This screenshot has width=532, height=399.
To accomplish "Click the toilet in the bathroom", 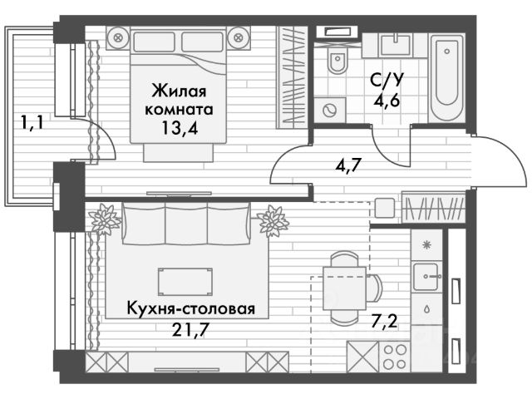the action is click(x=337, y=60).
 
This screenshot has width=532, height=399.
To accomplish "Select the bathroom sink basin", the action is click(x=396, y=45).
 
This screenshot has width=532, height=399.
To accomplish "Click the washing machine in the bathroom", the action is click(x=329, y=110).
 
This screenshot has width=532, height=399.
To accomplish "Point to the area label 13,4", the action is click(x=180, y=128).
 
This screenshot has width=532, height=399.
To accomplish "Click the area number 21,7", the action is click(x=189, y=329).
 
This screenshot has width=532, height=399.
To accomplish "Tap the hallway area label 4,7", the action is click(x=347, y=166).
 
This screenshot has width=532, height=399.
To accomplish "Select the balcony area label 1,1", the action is click(x=32, y=122).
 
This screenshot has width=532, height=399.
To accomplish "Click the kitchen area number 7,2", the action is click(x=384, y=321).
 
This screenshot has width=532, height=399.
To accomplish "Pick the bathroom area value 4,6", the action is click(x=387, y=100).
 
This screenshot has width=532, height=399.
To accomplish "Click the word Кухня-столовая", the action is click(x=191, y=308).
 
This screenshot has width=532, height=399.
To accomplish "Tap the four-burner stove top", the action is click(x=395, y=357).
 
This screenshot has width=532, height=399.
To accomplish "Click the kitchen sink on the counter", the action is click(x=426, y=276).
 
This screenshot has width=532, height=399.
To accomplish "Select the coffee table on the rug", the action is click(x=185, y=282).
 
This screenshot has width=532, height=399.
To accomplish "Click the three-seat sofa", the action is click(x=186, y=224).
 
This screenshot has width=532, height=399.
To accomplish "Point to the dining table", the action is click(x=345, y=288).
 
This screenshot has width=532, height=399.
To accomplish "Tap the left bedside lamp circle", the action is click(x=118, y=37).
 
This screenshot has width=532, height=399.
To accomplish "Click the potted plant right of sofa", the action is click(x=273, y=221).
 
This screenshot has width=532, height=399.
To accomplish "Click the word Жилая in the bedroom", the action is click(x=180, y=91).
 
